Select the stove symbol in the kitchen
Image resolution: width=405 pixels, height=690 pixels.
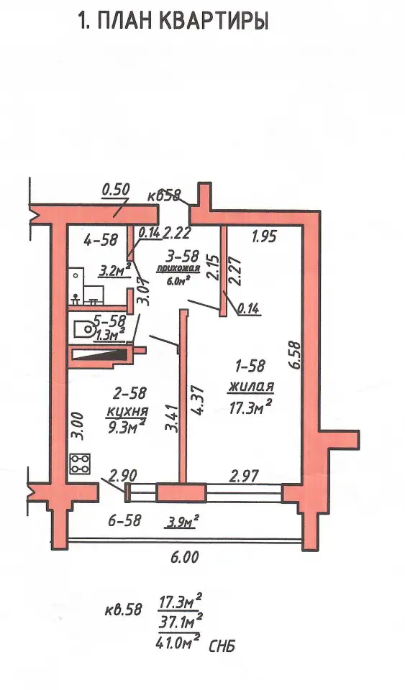click(80, 464)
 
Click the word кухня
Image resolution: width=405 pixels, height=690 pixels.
click(127, 413)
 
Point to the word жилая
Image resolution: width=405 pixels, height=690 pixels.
click(251, 387)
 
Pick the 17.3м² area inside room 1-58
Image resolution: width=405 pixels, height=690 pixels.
click(249, 408)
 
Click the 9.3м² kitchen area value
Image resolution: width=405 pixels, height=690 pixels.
click(127, 426)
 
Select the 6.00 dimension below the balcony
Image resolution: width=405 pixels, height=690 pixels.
click(184, 557)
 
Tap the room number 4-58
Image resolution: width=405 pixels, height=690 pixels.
click(101, 240)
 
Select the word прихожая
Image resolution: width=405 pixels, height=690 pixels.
click(178, 270)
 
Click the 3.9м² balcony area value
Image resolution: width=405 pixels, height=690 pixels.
click(181, 523)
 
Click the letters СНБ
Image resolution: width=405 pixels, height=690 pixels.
click(222, 646)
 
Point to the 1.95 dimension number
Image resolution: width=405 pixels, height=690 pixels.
click(264, 236)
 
